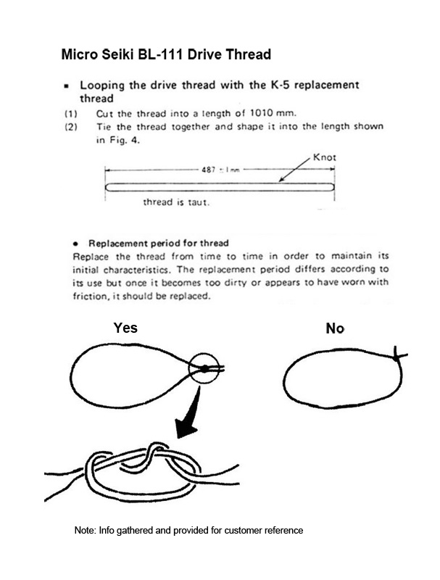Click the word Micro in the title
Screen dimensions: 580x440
78,54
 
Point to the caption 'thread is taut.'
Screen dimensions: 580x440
175,202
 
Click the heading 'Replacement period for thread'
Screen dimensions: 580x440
158,243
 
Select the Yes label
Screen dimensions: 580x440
125,328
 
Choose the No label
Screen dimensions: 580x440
334,329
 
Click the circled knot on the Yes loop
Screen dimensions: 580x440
206,369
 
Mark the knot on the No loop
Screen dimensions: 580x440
396,355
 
